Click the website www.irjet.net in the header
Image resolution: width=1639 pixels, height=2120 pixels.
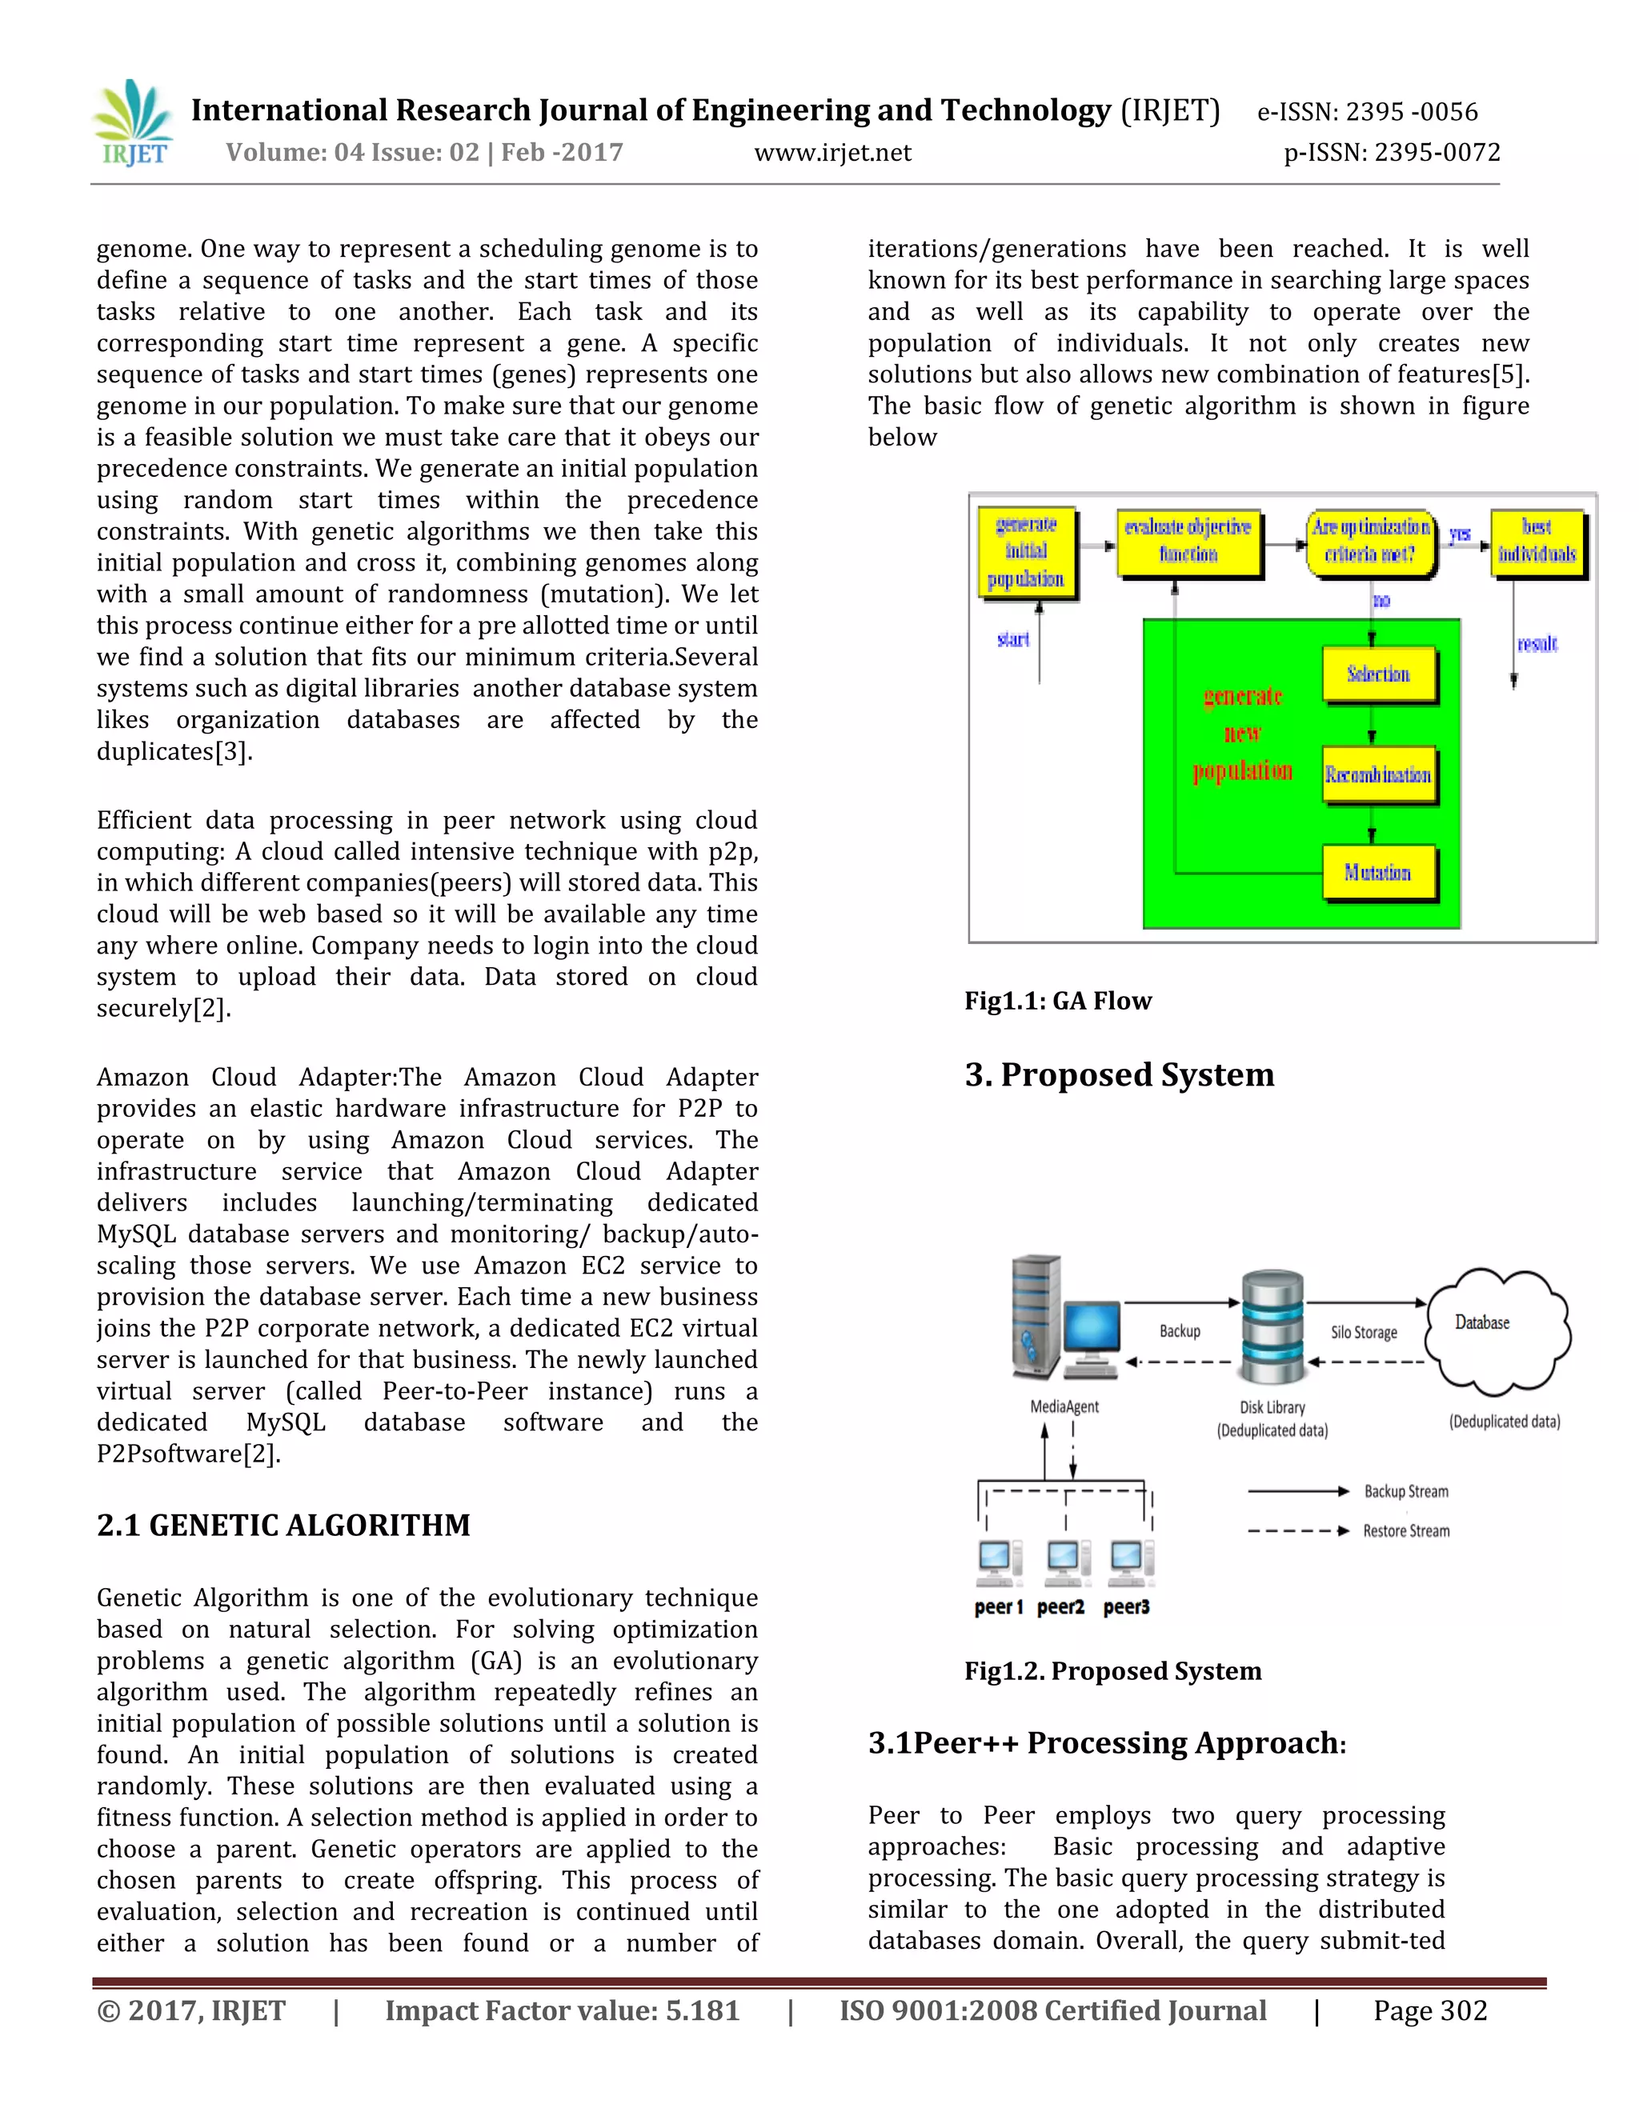point(832,152)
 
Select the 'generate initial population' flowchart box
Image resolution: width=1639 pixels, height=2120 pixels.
point(1026,551)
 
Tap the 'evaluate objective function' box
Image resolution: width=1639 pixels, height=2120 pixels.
point(1188,541)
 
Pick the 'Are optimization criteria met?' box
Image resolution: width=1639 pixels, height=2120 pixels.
point(1370,541)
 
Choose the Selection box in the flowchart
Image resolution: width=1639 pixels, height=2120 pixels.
point(1378,674)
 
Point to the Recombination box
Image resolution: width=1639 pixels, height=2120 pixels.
point(1378,774)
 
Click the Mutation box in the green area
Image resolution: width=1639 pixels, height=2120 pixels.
point(1378,873)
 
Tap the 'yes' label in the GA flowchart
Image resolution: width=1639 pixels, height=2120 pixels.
point(1460,534)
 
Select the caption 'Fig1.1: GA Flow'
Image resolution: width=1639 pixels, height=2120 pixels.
point(1057,1001)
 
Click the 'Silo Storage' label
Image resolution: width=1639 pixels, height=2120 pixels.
point(1363,1333)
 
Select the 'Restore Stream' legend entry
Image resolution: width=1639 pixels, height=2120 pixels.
point(1405,1530)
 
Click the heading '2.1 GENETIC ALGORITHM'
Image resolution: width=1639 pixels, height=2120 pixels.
point(283,1525)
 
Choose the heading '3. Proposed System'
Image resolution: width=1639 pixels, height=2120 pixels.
point(1119,1074)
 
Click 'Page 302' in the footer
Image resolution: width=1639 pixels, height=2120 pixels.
point(1429,2010)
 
